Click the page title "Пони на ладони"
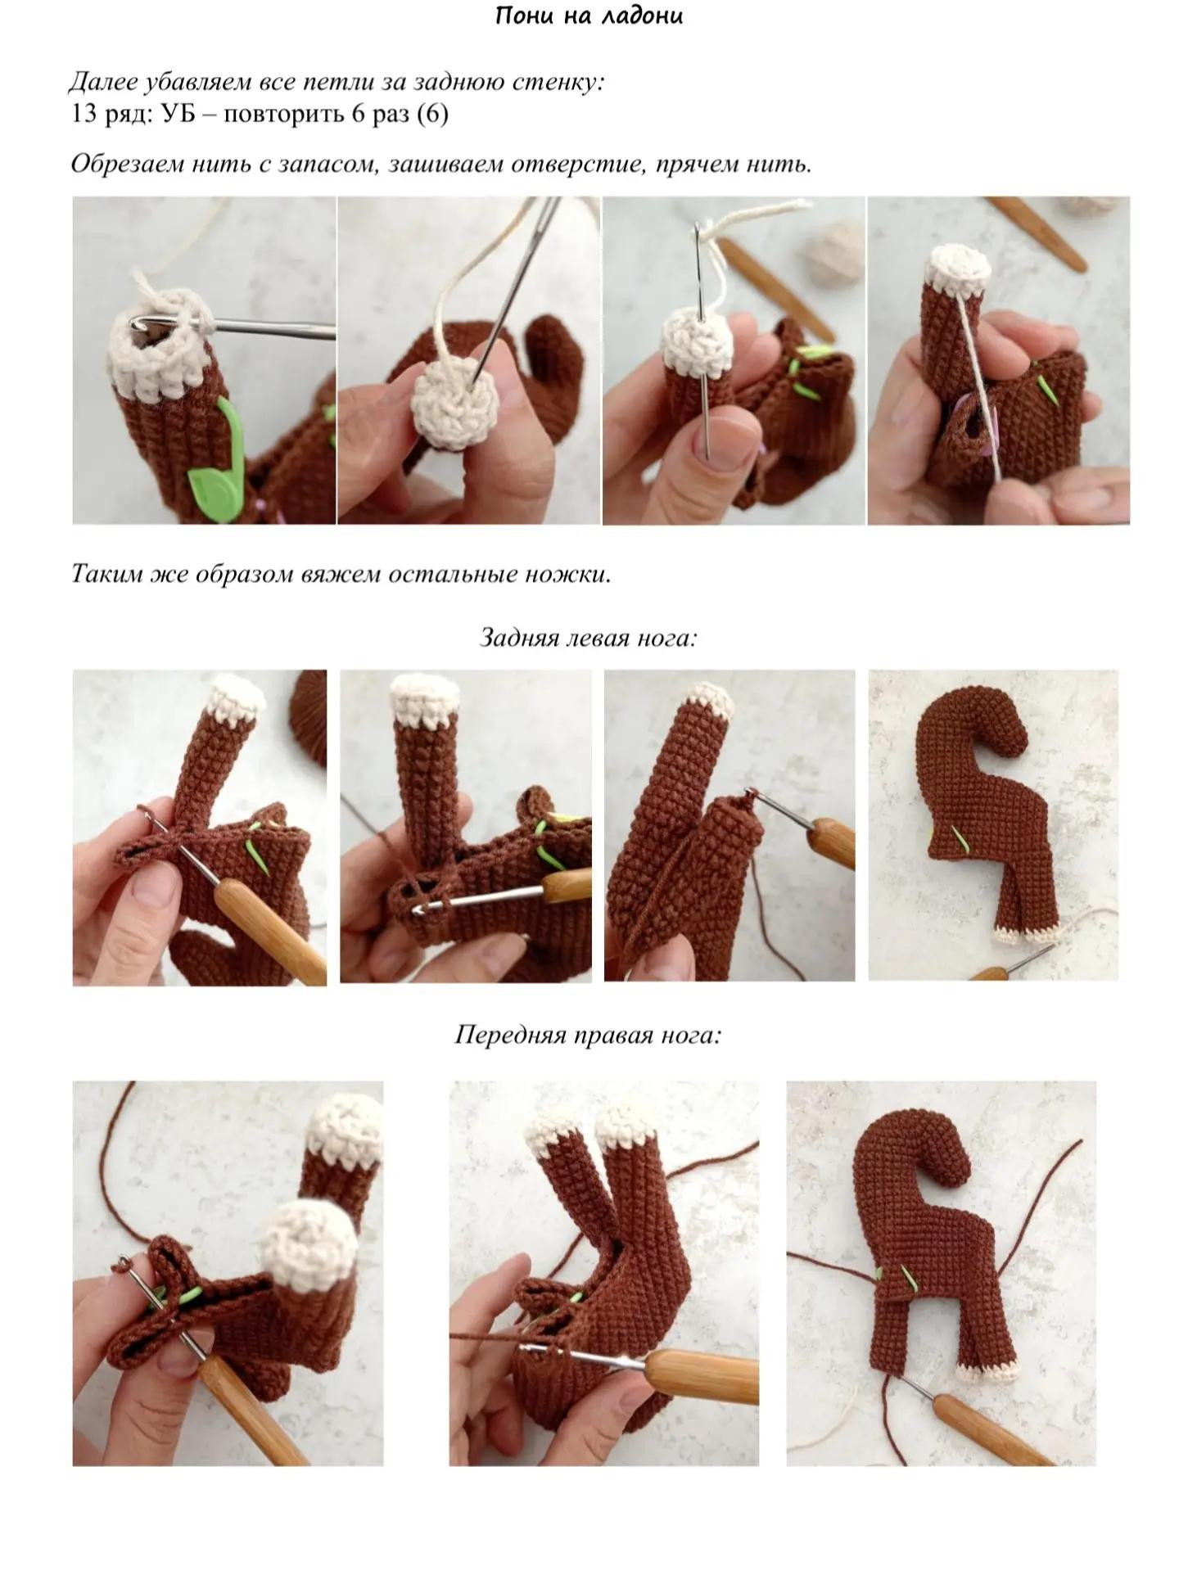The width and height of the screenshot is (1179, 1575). (589, 16)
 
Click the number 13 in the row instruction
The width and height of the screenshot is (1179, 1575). (84, 113)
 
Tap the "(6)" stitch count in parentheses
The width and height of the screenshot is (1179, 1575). (432, 113)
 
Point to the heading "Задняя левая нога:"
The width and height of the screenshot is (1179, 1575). (588, 637)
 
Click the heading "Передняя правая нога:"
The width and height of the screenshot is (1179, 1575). (588, 1035)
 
